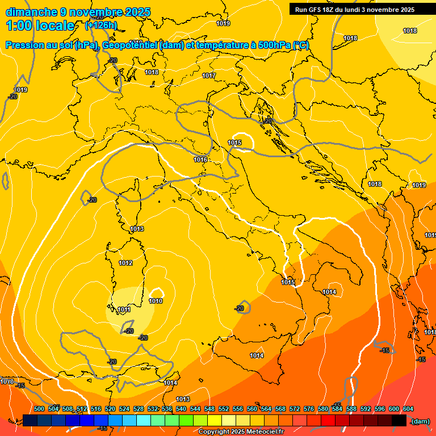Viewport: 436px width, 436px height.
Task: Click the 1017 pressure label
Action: [x=209, y=76]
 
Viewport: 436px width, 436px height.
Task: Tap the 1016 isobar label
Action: [x=200, y=160]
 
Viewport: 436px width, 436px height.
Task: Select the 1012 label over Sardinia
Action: [x=125, y=263]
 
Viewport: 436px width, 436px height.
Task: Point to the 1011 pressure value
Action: [x=124, y=309]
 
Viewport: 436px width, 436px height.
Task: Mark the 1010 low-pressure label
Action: [x=156, y=301]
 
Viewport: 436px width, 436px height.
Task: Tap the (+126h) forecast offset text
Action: [x=101, y=26]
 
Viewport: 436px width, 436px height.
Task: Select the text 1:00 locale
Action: [x=41, y=26]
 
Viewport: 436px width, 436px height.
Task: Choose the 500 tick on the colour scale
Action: [x=39, y=409]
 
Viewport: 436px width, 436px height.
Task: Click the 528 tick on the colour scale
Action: [x=139, y=409]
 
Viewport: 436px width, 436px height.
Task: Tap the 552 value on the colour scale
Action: [x=224, y=409]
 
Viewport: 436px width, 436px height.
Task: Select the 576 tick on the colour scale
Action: [x=309, y=409]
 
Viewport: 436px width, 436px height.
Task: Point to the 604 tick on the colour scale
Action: [x=408, y=409]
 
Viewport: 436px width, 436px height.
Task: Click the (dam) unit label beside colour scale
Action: [x=420, y=421]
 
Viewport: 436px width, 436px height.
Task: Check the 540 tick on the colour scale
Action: [x=181, y=409]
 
